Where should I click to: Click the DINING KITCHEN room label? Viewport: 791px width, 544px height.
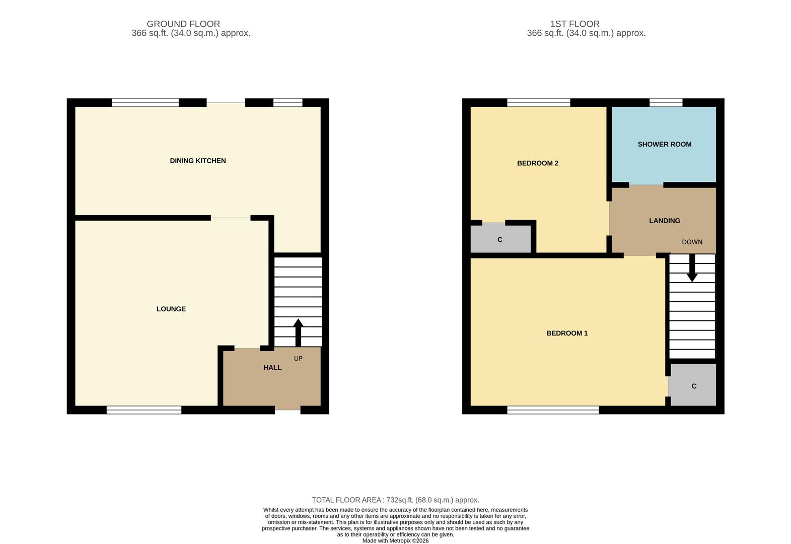[197, 161]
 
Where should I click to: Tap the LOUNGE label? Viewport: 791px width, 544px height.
[171, 309]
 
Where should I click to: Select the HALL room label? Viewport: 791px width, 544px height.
[272, 367]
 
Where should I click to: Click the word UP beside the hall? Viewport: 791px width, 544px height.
[298, 359]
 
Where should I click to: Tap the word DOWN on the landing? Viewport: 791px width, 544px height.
[692, 242]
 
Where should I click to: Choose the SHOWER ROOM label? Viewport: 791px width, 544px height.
[664, 144]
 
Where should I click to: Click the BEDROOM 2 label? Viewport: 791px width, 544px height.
[537, 163]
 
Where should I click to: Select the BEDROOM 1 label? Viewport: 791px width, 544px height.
[567, 333]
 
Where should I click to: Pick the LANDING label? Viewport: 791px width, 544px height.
[664, 221]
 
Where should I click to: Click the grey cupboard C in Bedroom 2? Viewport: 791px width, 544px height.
[500, 239]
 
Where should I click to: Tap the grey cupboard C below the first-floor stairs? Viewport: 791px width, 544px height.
[693, 386]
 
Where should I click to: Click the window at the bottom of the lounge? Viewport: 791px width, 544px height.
[143, 411]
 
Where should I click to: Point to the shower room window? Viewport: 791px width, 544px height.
[666, 103]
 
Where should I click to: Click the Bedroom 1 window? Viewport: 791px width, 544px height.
[553, 411]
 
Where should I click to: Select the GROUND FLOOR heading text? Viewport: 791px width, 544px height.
[183, 24]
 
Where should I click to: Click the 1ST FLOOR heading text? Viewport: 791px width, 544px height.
[574, 24]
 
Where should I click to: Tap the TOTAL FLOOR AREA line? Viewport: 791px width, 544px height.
[395, 500]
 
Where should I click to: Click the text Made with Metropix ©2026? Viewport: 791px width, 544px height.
[395, 540]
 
